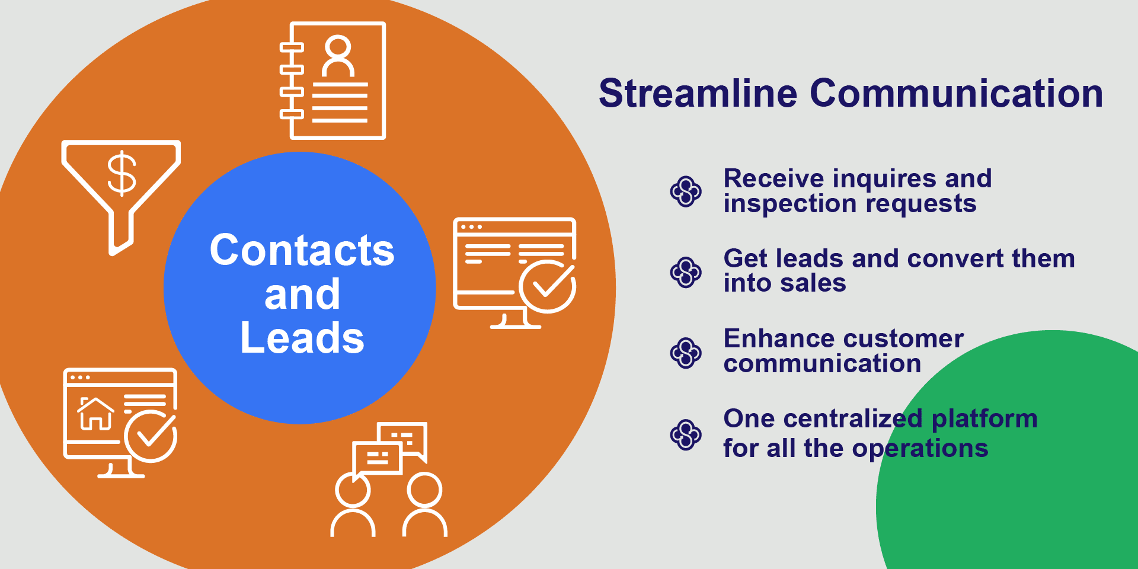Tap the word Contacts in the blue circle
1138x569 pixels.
[302, 250]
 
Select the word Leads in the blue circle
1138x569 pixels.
[302, 338]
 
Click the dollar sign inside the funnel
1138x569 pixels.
[122, 173]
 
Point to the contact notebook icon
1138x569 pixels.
[333, 81]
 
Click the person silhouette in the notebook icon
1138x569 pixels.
[338, 56]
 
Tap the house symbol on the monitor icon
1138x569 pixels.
[95, 413]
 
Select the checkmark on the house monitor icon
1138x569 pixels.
[151, 436]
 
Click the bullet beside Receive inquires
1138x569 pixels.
[686, 191]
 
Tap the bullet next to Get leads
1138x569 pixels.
[686, 272]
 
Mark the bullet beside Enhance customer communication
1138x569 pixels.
[686, 353]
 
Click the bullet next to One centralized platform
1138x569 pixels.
[686, 434]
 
